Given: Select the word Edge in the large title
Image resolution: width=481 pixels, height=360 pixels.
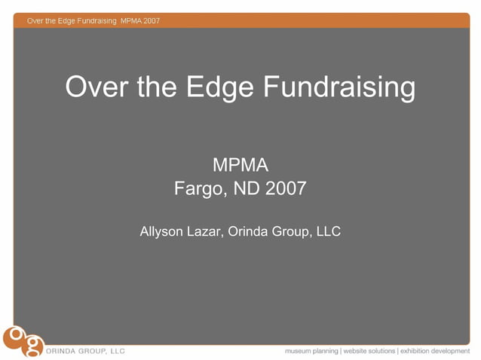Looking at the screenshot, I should [x=225, y=87].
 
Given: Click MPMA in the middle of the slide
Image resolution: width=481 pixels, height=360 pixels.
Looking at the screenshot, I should [x=240, y=164].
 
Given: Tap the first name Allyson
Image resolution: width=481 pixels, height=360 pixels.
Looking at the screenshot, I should [x=162, y=232].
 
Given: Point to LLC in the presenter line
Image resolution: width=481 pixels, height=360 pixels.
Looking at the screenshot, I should [x=328, y=232].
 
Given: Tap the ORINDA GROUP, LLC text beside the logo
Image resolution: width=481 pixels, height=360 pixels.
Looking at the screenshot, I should [x=87, y=351].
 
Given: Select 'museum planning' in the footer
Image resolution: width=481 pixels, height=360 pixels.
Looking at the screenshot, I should [x=311, y=351].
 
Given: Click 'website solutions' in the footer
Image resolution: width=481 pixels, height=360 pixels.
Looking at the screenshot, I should [x=369, y=351].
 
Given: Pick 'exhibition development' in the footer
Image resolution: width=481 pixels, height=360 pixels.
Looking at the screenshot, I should [x=435, y=351].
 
